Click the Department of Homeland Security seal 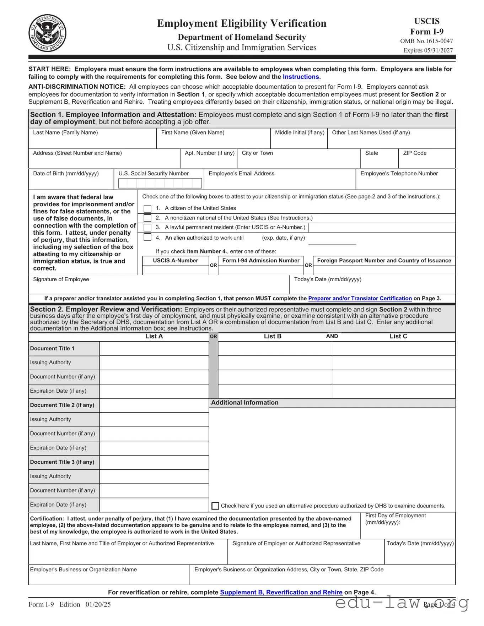[x=47, y=33]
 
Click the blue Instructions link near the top [x=301, y=77]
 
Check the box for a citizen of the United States [x=147, y=208]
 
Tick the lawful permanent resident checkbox [x=147, y=228]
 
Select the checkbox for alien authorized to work [x=147, y=238]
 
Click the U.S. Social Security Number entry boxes [x=160, y=183]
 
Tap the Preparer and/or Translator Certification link [x=360, y=298]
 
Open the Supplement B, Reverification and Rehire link [x=281, y=592]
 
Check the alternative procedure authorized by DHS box [x=215, y=506]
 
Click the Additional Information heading [x=244, y=403]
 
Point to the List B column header [x=273, y=336]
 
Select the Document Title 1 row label [x=52, y=349]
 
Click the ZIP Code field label [x=415, y=153]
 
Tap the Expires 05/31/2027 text [x=428, y=50]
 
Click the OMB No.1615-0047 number [x=426, y=41]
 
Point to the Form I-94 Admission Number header [x=261, y=261]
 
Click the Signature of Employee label [x=61, y=279]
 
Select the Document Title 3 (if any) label [x=62, y=462]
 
